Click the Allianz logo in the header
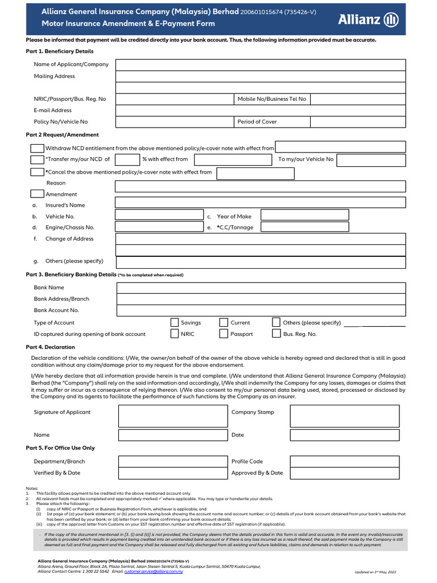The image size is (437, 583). click(x=376, y=19)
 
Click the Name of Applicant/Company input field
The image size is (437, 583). click(x=261, y=64)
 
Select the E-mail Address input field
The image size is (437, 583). click(x=261, y=110)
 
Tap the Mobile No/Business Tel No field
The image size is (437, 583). click(x=358, y=99)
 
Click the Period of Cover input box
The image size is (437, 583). click(x=358, y=122)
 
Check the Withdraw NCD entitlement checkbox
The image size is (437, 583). click(x=37, y=148)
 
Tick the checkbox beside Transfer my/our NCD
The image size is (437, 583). click(x=37, y=159)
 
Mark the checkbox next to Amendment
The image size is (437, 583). click(x=37, y=194)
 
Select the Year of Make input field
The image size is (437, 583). click(x=304, y=216)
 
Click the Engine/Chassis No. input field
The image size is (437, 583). click(x=159, y=227)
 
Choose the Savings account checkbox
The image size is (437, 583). click(x=175, y=323)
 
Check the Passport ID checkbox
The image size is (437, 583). click(x=224, y=334)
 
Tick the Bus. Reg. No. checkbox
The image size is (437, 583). click(x=276, y=334)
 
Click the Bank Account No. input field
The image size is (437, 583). click(x=261, y=310)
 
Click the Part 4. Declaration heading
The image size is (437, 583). click(x=50, y=347)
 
